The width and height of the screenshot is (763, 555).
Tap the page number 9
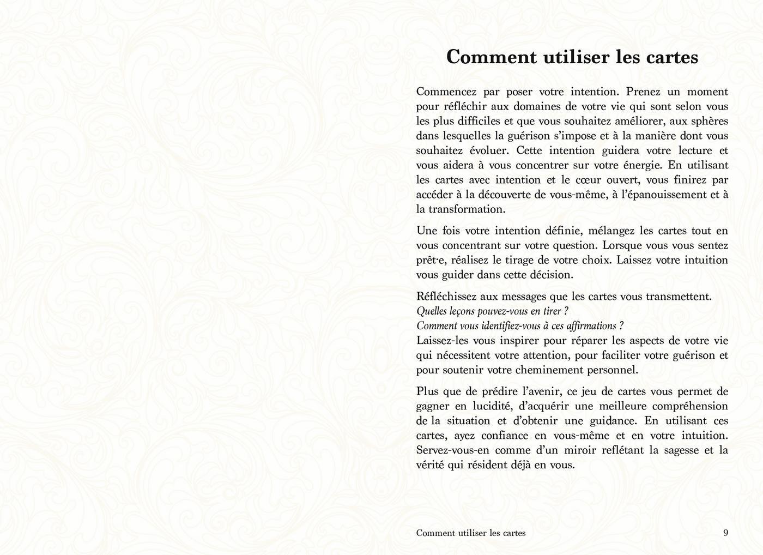(725, 533)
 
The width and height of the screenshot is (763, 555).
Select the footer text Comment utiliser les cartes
(471, 533)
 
